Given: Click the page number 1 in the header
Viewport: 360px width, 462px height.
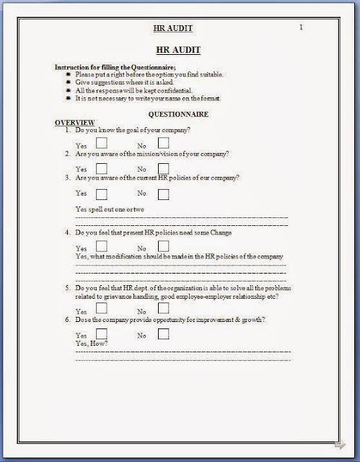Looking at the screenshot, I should [x=300, y=27].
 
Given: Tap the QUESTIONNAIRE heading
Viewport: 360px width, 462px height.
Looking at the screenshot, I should [x=179, y=114].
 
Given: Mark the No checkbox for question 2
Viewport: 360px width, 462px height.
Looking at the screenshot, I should [x=163, y=168].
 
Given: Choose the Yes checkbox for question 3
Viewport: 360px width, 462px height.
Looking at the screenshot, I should [x=101, y=193].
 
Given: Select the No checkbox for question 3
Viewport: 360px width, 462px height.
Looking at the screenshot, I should [x=163, y=193].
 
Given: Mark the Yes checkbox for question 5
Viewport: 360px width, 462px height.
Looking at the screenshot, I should [x=101, y=308].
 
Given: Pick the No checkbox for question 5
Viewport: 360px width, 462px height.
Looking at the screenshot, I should [x=163, y=308].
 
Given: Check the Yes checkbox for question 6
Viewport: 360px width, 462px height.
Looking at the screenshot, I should [x=101, y=334].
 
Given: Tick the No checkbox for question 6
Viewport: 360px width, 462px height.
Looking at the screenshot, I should [x=163, y=334].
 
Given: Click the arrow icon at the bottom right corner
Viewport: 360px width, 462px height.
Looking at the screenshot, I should [x=340, y=445].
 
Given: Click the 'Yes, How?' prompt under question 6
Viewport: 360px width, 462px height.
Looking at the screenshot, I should [x=92, y=344].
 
